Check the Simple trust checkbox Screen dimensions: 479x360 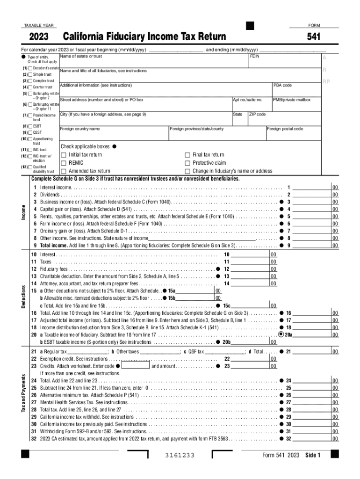coord(30,74)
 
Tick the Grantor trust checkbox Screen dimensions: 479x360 coord(30,87)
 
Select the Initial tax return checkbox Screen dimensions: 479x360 coord(64,155)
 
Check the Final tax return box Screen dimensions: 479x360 coord(187,155)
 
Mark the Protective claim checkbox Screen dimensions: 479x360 coord(187,163)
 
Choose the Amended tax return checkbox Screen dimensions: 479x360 coord(64,171)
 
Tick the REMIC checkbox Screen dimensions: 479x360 coord(64,163)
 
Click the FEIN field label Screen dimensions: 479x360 coord(255,56)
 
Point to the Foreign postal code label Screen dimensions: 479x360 coord(285,129)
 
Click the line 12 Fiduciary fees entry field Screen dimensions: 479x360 coord(250,269)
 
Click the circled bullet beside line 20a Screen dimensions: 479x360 coord(281,334)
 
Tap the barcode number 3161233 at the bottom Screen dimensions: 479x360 coord(180,456)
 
